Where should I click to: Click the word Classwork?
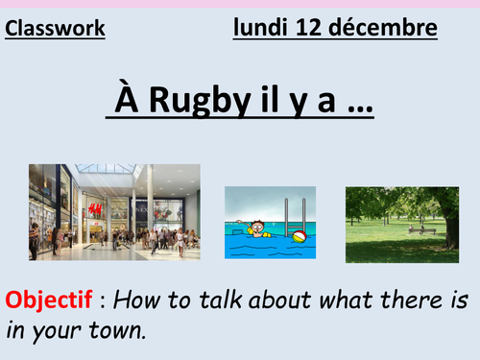(x=56, y=29)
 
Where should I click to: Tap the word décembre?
(x=385, y=28)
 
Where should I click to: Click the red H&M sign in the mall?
(x=94, y=209)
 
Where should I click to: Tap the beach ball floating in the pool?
(x=300, y=236)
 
